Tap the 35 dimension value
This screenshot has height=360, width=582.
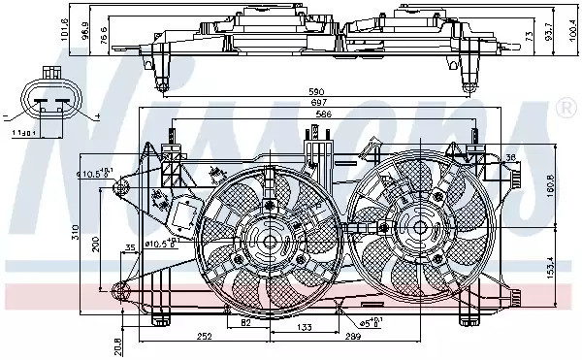click(x=130, y=249)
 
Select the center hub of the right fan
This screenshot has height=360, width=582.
click(x=421, y=227)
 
